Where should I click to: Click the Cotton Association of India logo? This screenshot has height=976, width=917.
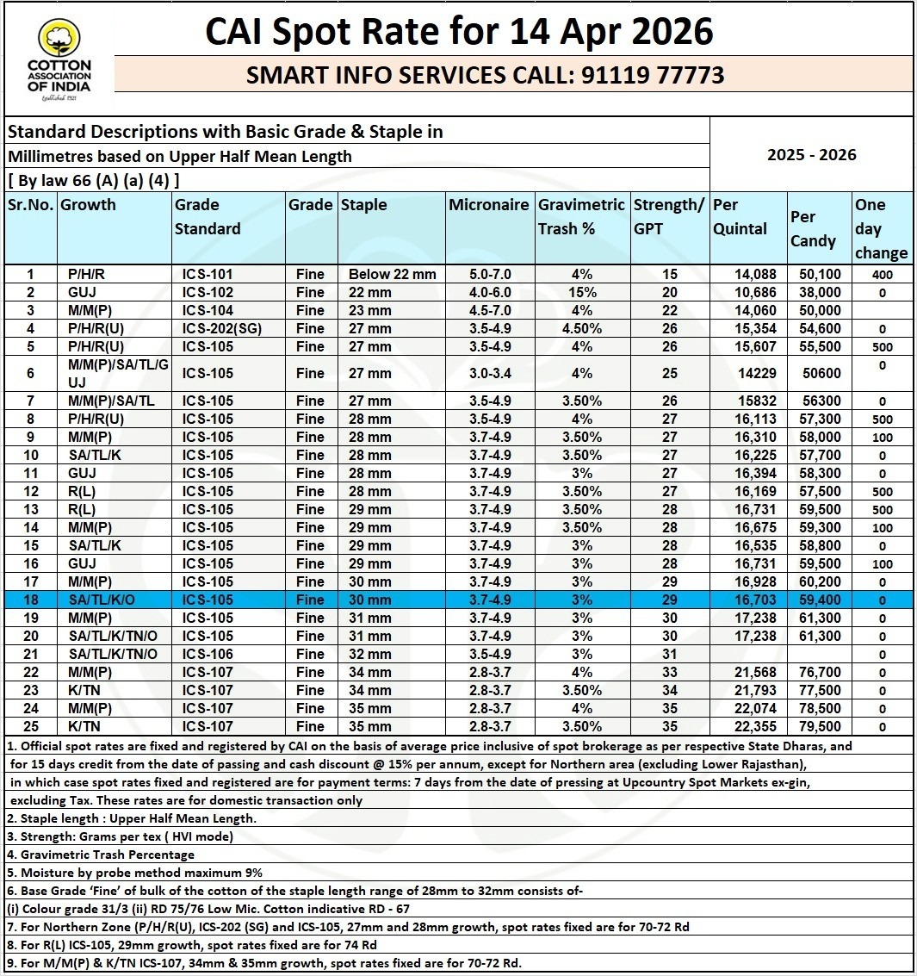click(59, 60)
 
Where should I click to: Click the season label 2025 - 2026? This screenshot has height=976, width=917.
click(811, 155)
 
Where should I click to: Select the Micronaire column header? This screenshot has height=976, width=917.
click(489, 205)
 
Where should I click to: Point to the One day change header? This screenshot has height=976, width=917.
click(881, 228)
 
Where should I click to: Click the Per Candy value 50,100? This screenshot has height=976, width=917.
click(819, 275)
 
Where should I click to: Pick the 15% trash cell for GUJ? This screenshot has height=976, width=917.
click(582, 293)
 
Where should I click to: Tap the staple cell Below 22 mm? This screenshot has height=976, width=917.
click(393, 275)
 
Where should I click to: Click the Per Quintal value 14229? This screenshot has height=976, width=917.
click(755, 374)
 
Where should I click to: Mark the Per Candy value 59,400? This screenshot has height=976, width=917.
click(819, 600)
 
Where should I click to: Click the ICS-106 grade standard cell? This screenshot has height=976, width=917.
click(208, 655)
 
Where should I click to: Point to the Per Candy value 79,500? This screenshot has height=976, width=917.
click(819, 727)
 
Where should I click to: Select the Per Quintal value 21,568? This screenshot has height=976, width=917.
click(755, 673)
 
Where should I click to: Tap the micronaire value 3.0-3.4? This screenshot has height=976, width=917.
click(487, 374)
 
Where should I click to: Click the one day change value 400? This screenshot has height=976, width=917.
click(881, 276)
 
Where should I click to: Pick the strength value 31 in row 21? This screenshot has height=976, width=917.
click(670, 655)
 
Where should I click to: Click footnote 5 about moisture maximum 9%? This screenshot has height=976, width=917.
click(134, 873)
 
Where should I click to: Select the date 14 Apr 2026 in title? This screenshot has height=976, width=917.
click(611, 32)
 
